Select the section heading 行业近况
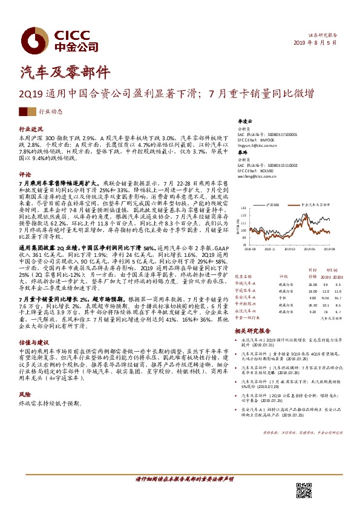(31, 129)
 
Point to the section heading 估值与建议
(33, 341)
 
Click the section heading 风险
(25, 377)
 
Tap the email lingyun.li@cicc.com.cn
(257, 145)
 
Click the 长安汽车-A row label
(246, 297)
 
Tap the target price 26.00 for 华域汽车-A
(312, 284)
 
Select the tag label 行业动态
(51, 112)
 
